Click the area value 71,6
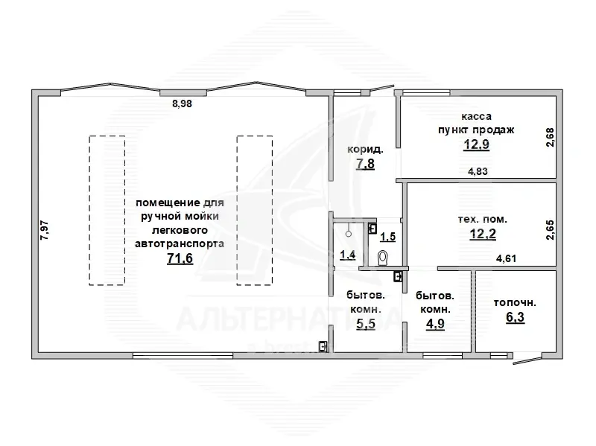(x=180, y=258)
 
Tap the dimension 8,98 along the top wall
(x=182, y=103)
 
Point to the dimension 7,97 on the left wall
(x=45, y=230)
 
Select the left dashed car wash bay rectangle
(x=107, y=211)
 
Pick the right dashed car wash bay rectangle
(x=255, y=211)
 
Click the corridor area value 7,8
(x=365, y=164)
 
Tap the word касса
(x=476, y=116)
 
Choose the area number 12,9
(x=476, y=144)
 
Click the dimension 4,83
(x=478, y=171)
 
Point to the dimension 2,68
(x=550, y=137)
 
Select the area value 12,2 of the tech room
(x=483, y=234)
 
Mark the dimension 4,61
(x=507, y=258)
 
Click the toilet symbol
(x=383, y=258)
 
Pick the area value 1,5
(x=388, y=237)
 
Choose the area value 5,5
(x=366, y=324)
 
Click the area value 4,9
(x=435, y=324)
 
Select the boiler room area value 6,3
(x=515, y=317)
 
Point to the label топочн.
(x=515, y=303)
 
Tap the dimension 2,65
(x=550, y=230)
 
